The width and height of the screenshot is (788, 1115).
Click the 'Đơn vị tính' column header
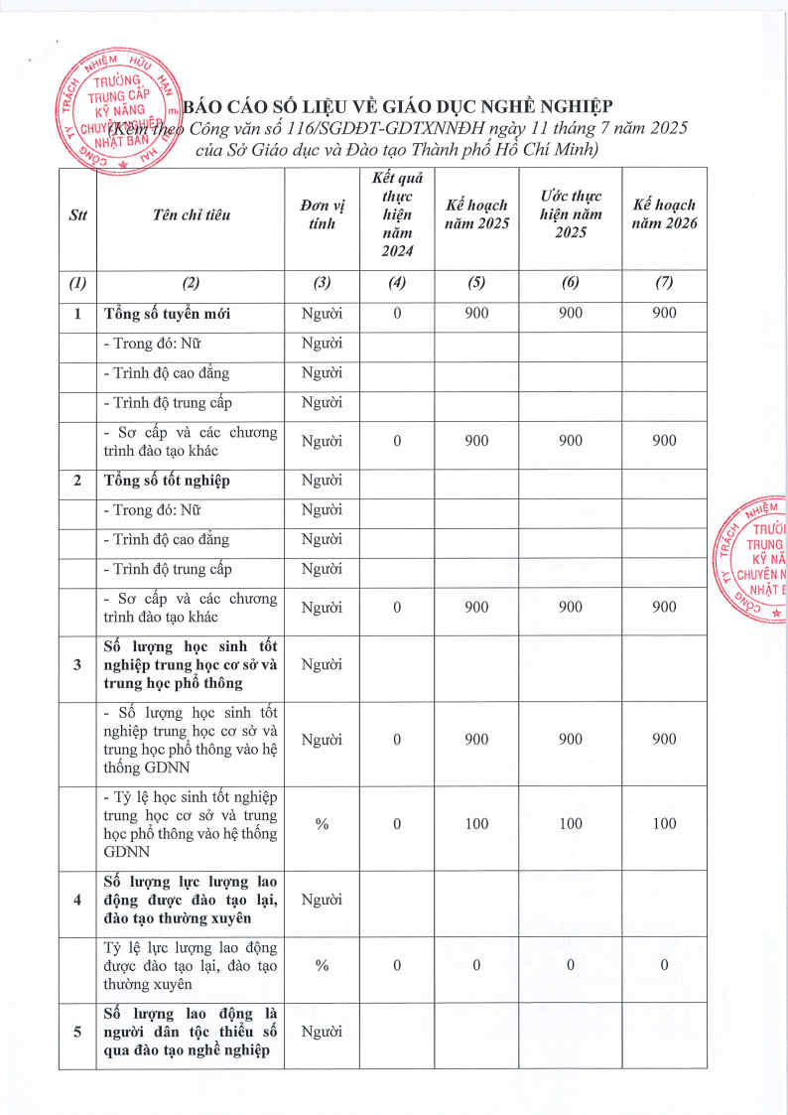click(x=322, y=215)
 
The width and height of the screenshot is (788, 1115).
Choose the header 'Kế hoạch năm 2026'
click(x=664, y=215)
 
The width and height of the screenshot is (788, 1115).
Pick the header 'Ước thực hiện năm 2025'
click(x=571, y=214)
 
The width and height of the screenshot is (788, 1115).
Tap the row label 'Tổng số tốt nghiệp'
click(x=168, y=481)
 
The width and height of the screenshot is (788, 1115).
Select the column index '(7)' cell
click(x=664, y=282)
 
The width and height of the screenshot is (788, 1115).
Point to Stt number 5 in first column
click(x=77, y=1032)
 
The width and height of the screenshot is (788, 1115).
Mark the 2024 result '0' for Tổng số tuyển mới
click(x=397, y=314)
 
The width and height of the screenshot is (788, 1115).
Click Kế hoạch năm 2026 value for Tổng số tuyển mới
click(x=664, y=314)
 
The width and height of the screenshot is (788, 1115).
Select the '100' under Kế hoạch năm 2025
click(x=477, y=823)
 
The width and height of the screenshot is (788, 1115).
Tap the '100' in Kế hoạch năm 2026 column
click(x=664, y=823)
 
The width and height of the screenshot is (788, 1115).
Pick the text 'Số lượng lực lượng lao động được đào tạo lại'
click(x=190, y=900)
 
